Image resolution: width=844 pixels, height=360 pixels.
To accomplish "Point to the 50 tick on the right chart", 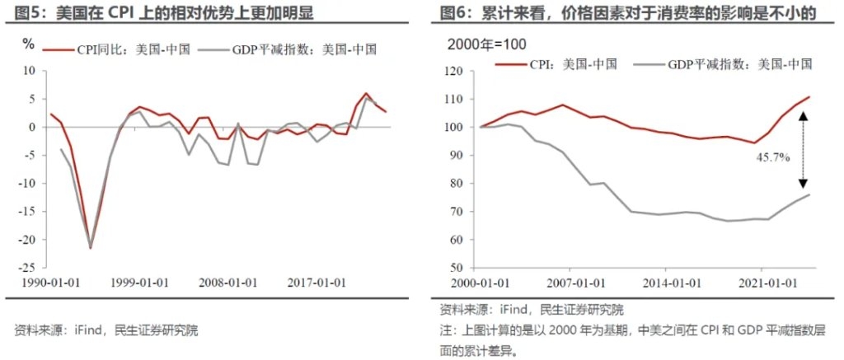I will pos(452,269).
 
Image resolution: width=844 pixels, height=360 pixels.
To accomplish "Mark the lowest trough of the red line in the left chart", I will pos(90,246).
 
